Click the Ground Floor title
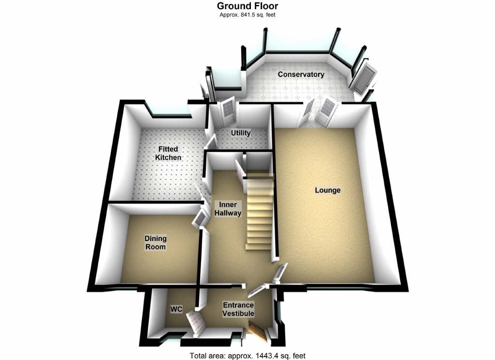pyautogui.click(x=247, y=6)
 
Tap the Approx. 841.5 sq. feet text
pyautogui.click(x=247, y=15)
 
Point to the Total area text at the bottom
pyautogui.click(x=247, y=356)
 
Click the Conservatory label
pyautogui.click(x=301, y=75)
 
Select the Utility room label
pyautogui.click(x=240, y=133)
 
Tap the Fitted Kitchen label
pyautogui.click(x=168, y=153)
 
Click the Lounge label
pyautogui.click(x=328, y=190)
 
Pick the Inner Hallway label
pyautogui.click(x=228, y=209)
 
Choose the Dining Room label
pyautogui.click(x=156, y=242)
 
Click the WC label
pyautogui.click(x=175, y=309)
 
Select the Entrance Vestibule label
pyautogui.click(x=238, y=309)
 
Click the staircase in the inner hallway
pyautogui.click(x=260, y=213)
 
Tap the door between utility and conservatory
pyautogui.click(x=227, y=110)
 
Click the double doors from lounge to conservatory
pyautogui.click(x=320, y=111)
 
